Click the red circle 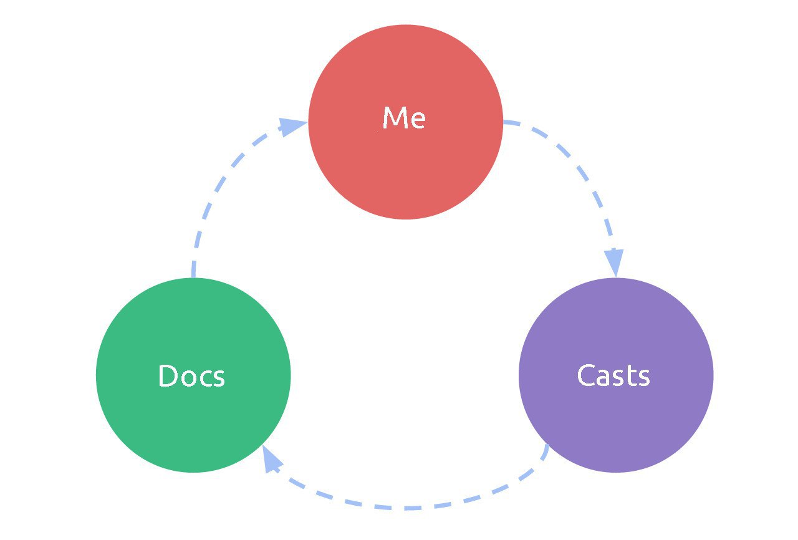tap(405, 168)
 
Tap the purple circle tap(616, 424)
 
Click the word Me tap(404, 118)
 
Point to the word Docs tap(191, 376)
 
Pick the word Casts tap(613, 375)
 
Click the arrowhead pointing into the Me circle tap(292, 127)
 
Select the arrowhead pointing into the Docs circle tap(271, 459)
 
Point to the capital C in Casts tap(587, 375)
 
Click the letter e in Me tap(417, 120)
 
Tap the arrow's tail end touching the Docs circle tap(193, 274)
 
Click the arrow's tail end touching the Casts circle tap(547, 448)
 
